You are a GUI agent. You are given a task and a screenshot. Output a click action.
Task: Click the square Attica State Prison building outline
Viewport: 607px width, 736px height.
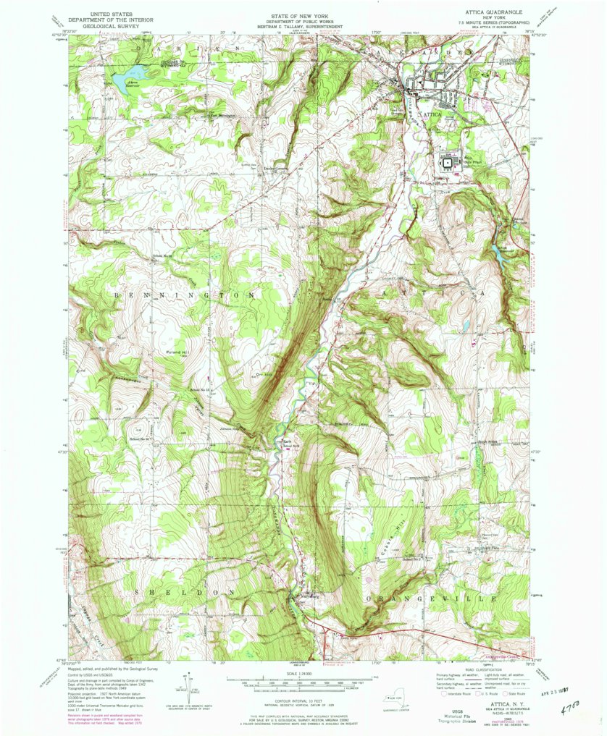446,164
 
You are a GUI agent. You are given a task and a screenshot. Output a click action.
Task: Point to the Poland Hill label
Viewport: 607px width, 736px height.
175,352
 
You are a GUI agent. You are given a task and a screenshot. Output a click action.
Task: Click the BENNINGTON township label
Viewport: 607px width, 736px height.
183,296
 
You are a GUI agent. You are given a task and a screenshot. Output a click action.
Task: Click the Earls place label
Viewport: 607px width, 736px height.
286,441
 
